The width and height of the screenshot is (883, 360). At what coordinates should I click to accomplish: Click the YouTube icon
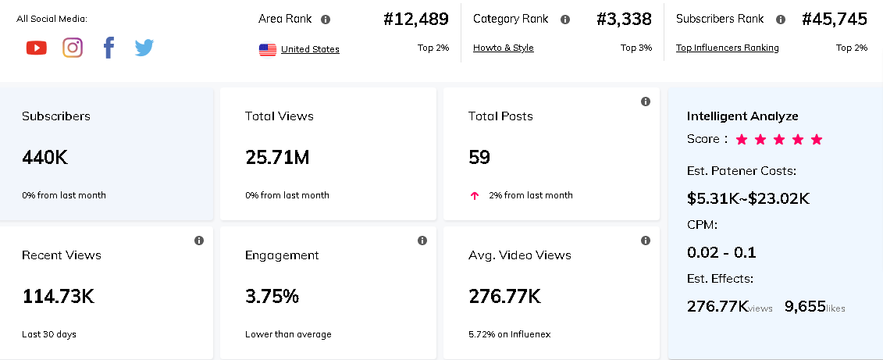tap(36, 48)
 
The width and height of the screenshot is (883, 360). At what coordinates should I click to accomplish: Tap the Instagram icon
tap(73, 48)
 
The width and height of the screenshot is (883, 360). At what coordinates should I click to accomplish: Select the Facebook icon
tap(109, 48)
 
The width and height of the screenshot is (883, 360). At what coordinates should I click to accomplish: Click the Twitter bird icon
tap(144, 48)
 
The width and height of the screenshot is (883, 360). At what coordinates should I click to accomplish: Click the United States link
tap(310, 49)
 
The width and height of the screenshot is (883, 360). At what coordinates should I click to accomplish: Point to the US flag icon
tap(268, 49)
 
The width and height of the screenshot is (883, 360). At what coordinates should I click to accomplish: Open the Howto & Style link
tap(504, 48)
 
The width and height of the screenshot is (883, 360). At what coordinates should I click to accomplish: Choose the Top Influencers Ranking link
tap(728, 48)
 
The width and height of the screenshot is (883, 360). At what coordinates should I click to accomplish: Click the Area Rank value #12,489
tap(416, 20)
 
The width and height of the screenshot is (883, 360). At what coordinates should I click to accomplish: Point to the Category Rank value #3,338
tap(624, 20)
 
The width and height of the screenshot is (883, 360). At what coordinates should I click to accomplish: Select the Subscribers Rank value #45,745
tap(835, 20)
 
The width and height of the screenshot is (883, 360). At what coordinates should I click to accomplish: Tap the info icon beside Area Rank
tap(326, 20)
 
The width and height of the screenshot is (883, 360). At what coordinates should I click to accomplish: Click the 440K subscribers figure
tap(45, 158)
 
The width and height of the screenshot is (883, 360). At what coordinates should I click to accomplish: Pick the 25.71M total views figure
tap(277, 158)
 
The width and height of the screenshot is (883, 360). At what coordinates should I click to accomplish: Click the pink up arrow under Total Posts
tap(475, 195)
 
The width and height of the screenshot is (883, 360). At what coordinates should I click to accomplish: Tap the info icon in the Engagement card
tap(422, 241)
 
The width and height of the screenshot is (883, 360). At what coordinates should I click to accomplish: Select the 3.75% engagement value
tap(272, 297)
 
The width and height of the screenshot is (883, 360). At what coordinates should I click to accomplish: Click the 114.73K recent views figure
tap(58, 297)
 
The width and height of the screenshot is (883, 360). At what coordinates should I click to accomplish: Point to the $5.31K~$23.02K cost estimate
tap(748, 198)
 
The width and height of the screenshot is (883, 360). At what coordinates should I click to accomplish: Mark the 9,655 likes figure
tap(805, 306)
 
